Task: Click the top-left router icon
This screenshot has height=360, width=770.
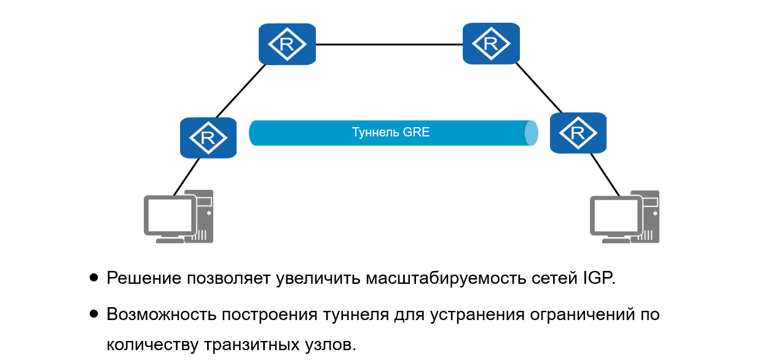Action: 287,44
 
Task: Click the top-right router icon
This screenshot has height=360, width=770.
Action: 490,44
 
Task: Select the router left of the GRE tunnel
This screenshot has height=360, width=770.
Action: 208,138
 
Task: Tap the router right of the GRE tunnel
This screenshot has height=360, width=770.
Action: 578,133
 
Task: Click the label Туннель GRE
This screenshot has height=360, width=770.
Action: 390,132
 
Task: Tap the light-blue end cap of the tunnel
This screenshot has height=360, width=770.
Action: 532,133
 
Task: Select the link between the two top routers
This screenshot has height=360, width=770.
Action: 389,44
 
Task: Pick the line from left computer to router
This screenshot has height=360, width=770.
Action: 186,177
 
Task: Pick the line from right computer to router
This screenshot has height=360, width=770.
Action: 605,174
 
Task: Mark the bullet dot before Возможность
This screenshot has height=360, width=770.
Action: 93,314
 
